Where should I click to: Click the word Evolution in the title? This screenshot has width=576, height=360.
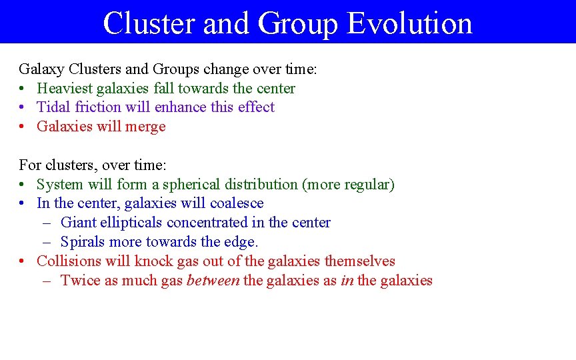click(409, 23)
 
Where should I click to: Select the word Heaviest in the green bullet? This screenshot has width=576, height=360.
click(65, 88)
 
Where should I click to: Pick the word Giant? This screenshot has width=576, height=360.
click(79, 223)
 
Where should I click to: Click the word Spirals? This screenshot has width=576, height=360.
click(83, 242)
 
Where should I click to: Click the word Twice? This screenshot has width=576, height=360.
click(78, 281)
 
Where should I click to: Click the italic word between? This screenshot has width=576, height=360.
click(213, 281)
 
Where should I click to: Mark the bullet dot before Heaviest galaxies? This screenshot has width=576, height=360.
click(23, 89)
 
